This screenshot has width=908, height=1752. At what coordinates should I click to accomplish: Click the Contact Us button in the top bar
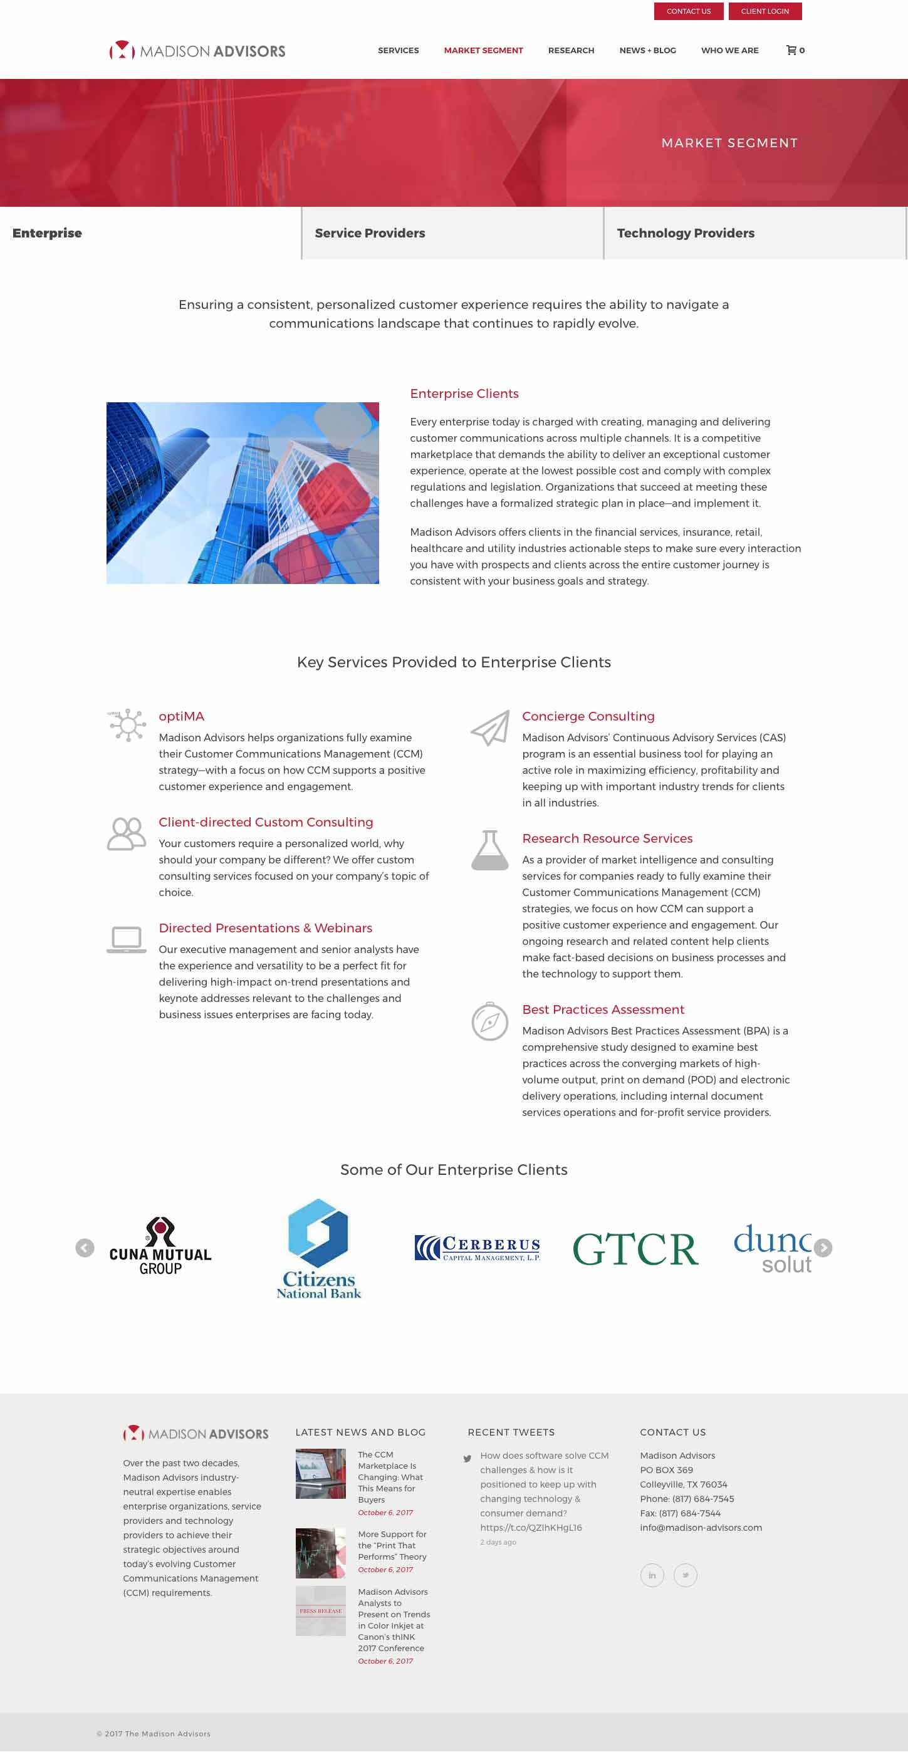tap(688, 11)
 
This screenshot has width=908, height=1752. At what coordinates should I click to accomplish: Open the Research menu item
tap(571, 50)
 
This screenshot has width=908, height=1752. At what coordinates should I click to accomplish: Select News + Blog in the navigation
tap(647, 50)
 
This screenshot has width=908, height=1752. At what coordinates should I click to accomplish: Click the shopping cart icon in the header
tap(793, 50)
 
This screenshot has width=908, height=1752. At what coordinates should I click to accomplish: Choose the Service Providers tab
tap(370, 233)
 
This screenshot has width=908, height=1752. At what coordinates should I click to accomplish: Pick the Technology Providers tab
tap(685, 233)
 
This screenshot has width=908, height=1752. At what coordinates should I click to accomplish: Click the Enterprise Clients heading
tap(464, 394)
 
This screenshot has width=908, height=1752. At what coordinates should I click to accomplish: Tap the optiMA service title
tap(181, 716)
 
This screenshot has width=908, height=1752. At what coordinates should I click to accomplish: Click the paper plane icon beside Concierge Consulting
tap(489, 727)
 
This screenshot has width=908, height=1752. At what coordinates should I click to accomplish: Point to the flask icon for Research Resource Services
tap(489, 850)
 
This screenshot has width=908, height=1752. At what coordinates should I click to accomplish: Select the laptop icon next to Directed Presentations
tap(127, 939)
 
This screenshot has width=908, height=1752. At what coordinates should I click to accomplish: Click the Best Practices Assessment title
tap(603, 1009)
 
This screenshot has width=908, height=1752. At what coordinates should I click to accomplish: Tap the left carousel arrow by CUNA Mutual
tap(85, 1248)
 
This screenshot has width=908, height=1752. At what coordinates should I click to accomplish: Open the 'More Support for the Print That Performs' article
tap(392, 1545)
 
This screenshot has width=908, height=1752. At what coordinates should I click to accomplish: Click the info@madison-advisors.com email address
tap(701, 1528)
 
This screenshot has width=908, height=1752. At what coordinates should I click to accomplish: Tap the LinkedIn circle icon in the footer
tap(652, 1575)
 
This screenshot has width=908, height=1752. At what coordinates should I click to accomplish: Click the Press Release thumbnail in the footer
tap(320, 1611)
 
